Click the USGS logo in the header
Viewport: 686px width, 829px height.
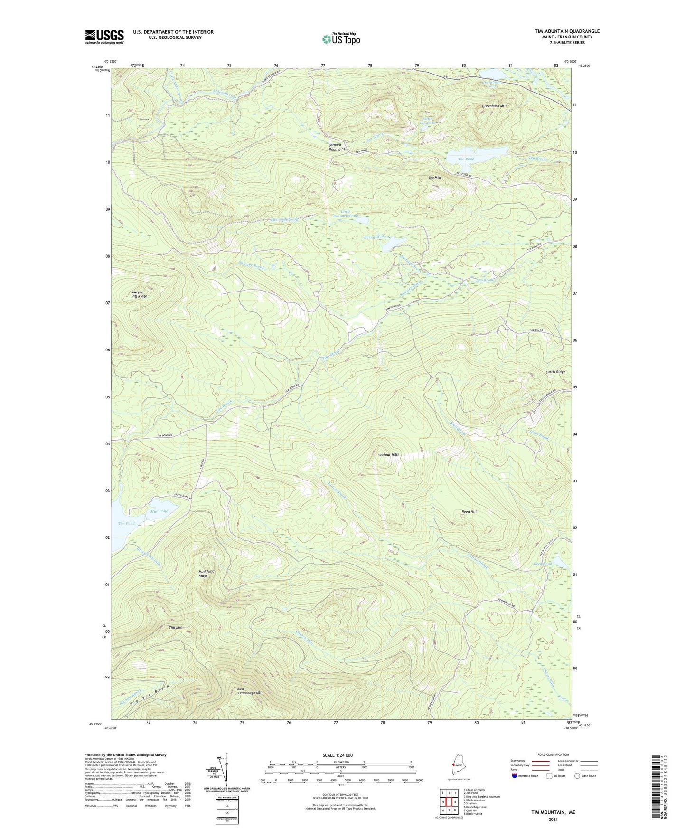(104, 37)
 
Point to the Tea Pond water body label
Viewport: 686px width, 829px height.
(466, 159)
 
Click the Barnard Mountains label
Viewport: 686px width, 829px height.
(337, 147)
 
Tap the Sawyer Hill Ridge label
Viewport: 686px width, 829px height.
(139, 294)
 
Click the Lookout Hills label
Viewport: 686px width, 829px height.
(388, 455)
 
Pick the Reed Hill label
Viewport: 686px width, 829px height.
(469, 512)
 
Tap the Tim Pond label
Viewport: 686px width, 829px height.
(126, 524)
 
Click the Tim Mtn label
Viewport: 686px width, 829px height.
(175, 628)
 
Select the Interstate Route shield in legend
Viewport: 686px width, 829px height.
(515, 776)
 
